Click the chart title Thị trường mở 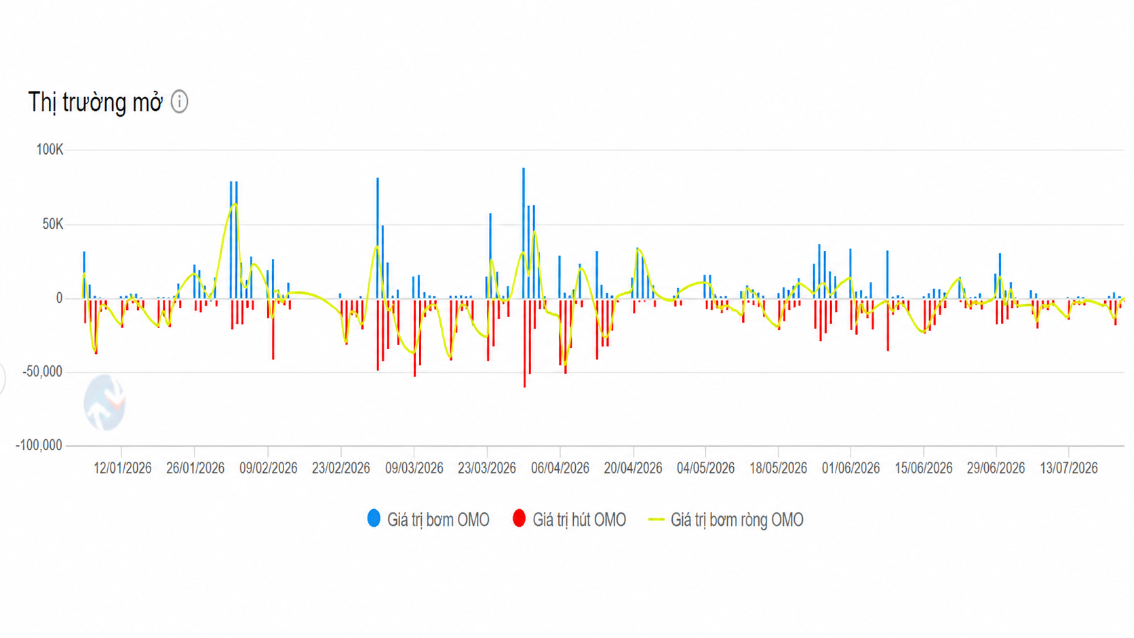click(95, 102)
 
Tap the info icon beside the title click(179, 102)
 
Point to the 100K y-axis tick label click(50, 150)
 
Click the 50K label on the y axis click(53, 224)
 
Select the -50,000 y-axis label click(43, 372)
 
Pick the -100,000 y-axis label click(39, 445)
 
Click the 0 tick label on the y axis click(59, 298)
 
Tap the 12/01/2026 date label click(123, 468)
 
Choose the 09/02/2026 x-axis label click(269, 468)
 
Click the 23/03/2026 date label click(487, 468)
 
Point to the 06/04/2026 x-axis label click(560, 468)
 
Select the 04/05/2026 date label click(706, 468)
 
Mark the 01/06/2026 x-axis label click(851, 468)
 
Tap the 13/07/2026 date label click(1069, 468)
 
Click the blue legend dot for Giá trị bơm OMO click(374, 519)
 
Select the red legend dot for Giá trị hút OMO click(519, 519)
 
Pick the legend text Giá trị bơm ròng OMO click(737, 519)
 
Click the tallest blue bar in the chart click(524, 233)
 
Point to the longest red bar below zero click(524, 344)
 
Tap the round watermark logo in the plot click(105, 403)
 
